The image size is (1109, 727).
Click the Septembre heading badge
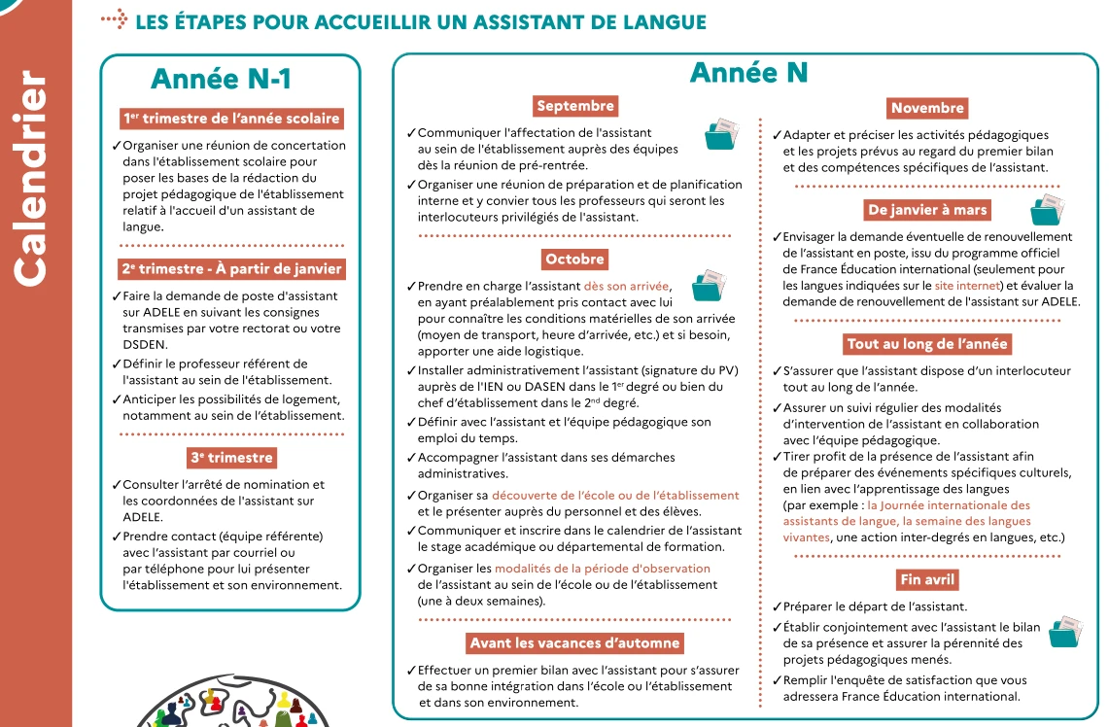[x=575, y=106]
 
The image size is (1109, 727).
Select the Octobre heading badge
[x=574, y=260]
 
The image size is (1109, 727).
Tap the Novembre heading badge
[x=927, y=108]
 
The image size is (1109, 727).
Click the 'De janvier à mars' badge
[x=927, y=210]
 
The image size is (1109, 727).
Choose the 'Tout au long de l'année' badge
[x=927, y=344]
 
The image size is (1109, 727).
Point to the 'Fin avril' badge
[x=928, y=579]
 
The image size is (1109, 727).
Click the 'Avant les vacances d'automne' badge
[x=574, y=643]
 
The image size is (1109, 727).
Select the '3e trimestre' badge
[x=231, y=458]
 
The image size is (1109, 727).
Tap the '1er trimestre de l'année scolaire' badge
[x=231, y=119]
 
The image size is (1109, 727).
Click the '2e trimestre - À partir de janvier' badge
[x=231, y=269]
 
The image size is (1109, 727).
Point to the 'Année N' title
[x=748, y=73]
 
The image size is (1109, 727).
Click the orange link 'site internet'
[x=966, y=286]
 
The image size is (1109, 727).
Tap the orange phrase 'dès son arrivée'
[x=627, y=286]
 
